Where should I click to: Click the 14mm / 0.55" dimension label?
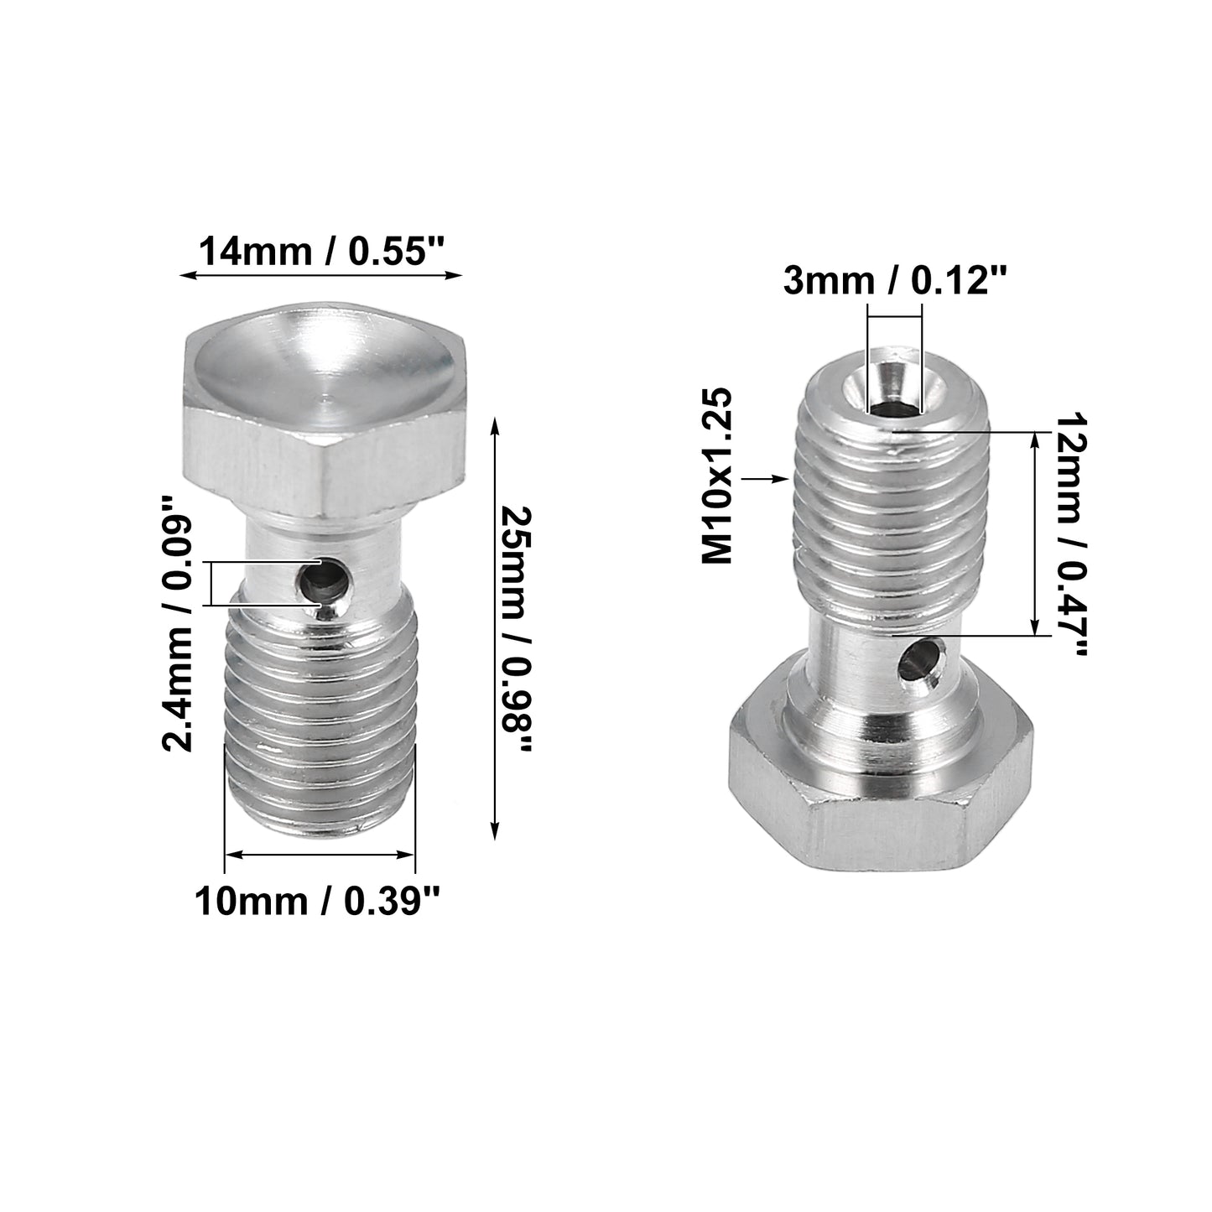tap(321, 252)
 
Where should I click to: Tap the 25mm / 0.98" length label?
tap(518, 628)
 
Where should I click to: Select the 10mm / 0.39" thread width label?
tap(316, 902)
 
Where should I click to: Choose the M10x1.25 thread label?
tap(717, 476)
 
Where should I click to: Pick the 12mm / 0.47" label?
tap(1069, 534)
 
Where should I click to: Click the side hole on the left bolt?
tap(323, 582)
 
